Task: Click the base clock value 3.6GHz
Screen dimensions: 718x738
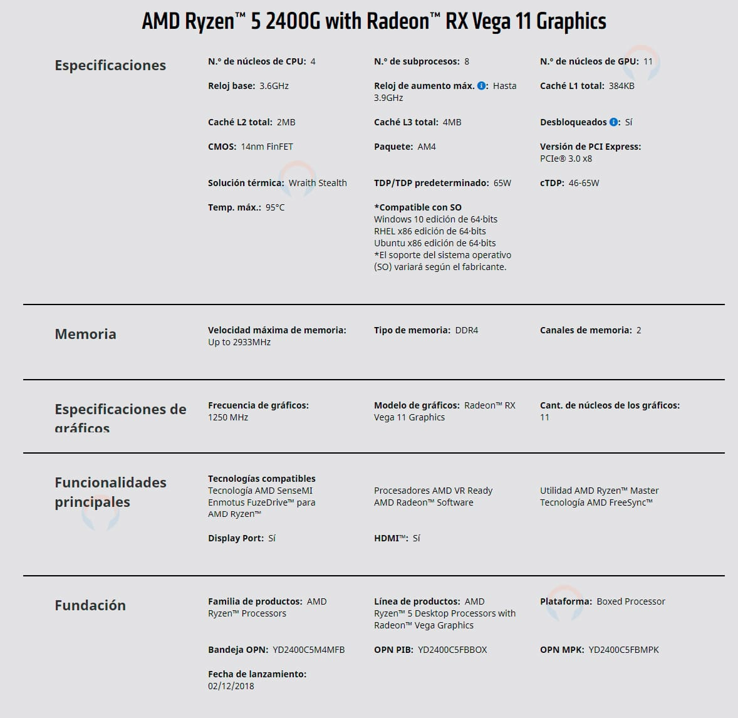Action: (274, 86)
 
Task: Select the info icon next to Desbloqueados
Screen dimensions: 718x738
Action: (613, 122)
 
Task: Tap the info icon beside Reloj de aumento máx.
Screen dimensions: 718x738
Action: (481, 86)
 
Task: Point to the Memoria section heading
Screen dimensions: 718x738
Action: (85, 334)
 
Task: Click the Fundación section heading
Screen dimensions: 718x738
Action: (90, 605)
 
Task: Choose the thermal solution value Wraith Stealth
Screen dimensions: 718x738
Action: (318, 183)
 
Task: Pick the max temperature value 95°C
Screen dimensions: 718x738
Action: (275, 207)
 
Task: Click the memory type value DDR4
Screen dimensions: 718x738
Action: (466, 330)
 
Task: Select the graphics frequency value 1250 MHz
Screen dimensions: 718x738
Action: (228, 417)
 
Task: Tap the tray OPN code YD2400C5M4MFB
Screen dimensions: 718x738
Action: (308, 650)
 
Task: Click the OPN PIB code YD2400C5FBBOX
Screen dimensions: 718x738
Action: (452, 650)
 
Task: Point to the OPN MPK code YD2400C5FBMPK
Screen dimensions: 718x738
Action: (623, 650)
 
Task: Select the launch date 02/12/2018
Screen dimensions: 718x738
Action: (231, 686)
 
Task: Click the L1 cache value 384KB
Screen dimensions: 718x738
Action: (621, 86)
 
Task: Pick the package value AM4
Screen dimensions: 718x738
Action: (427, 147)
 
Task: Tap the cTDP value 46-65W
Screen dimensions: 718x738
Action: (584, 183)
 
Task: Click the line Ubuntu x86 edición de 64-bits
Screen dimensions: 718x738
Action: (435, 243)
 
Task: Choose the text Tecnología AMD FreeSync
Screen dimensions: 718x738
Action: (596, 502)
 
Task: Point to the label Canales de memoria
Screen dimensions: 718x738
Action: (586, 330)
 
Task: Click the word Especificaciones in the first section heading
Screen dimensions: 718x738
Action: (110, 65)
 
